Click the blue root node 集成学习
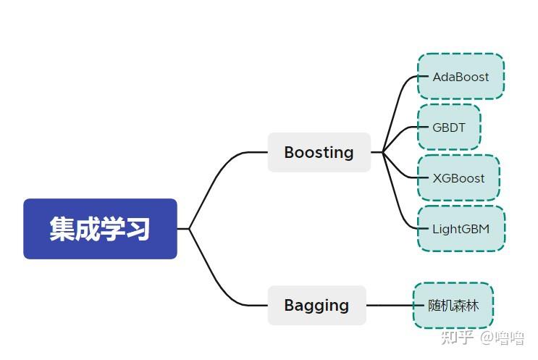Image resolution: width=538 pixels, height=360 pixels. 100,229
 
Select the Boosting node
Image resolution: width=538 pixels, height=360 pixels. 319,152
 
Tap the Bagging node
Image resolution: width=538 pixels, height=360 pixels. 316,305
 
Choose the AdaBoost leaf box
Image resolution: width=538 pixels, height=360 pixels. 461,76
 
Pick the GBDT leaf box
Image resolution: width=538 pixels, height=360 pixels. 449,127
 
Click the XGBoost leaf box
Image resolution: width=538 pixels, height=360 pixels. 458,178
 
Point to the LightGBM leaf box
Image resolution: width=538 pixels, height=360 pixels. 461,229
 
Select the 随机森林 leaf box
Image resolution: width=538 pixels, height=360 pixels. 453,305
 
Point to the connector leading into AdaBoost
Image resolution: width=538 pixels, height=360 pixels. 400,98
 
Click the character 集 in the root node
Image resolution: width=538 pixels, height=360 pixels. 62,229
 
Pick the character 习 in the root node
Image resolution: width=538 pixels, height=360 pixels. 138,229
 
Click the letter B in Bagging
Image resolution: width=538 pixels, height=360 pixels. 290,305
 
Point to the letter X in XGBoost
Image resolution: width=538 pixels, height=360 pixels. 437,178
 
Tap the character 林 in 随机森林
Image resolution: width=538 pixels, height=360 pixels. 472,305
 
